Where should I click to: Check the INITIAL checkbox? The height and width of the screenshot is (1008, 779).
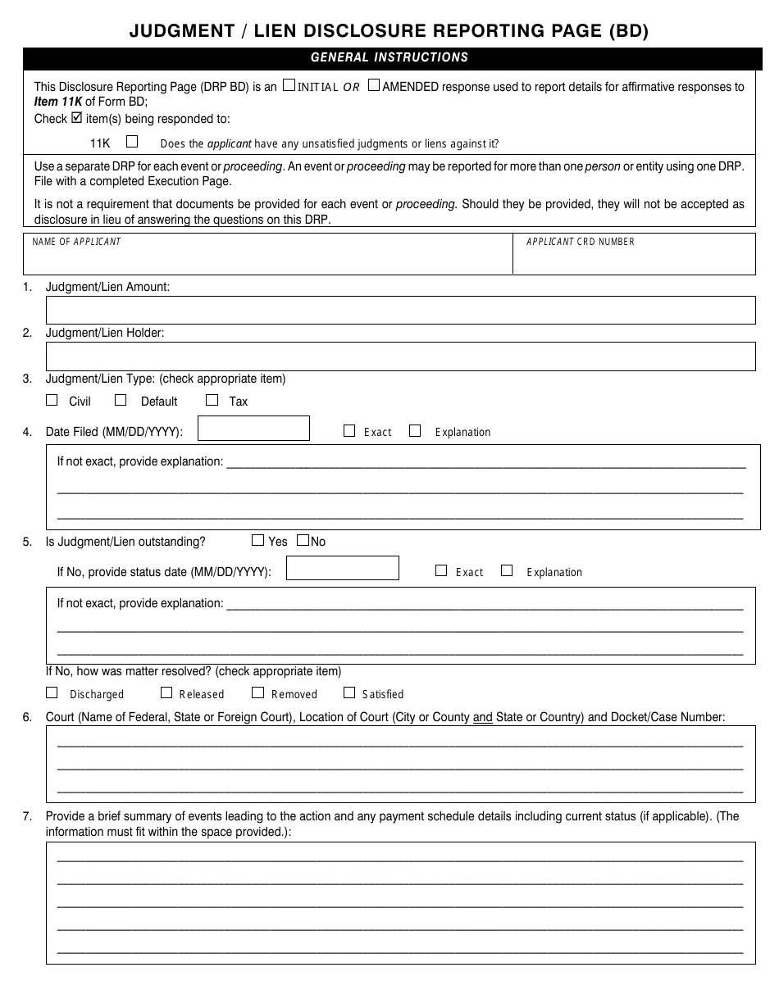(288, 85)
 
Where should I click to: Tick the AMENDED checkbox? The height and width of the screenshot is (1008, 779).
(374, 85)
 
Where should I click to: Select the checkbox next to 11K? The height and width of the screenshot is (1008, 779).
(132, 142)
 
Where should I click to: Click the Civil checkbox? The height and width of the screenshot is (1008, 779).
(52, 401)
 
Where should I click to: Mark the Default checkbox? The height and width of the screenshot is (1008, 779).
(121, 401)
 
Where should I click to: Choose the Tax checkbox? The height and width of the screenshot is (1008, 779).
(212, 401)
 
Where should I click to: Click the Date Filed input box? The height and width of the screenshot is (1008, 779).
(254, 429)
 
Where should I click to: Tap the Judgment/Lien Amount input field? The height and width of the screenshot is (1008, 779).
(400, 310)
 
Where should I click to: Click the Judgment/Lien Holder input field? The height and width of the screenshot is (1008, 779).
(400, 356)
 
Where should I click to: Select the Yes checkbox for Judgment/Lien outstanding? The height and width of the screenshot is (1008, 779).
(258, 541)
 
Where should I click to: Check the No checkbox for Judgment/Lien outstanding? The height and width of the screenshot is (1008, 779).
(303, 541)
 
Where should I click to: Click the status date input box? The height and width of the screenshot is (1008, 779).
(343, 569)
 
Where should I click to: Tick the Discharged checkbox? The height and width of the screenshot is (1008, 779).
(52, 692)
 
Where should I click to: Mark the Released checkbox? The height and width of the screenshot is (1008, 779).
(166, 692)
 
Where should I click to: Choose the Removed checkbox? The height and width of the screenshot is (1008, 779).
(257, 692)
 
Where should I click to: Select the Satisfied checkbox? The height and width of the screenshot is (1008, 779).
(349, 692)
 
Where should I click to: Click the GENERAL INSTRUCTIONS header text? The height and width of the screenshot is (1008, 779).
(389, 57)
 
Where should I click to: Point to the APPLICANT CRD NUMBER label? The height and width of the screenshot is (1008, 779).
(580, 242)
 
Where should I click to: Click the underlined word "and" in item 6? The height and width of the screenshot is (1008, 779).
(483, 717)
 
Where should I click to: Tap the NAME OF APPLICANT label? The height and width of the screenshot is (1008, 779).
(76, 242)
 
